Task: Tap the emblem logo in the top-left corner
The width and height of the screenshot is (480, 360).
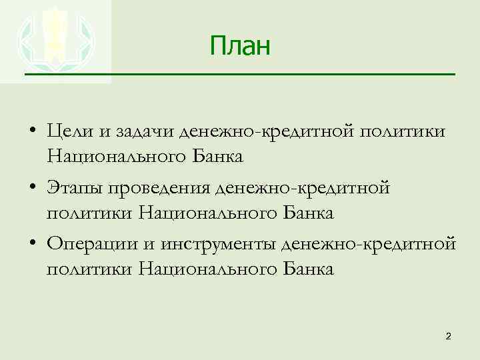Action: pos(55,41)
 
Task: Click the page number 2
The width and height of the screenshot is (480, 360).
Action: pos(448,337)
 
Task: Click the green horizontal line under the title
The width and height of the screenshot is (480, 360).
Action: pos(239,73)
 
